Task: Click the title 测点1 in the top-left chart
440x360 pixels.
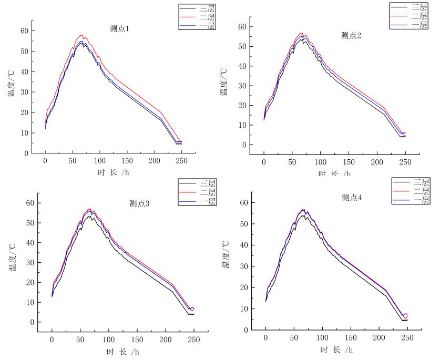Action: [x=119, y=29]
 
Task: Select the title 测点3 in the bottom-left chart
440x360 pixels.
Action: [x=139, y=204]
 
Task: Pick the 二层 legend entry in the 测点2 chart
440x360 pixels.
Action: [x=419, y=16]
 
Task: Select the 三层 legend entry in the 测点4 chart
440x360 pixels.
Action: [x=421, y=182]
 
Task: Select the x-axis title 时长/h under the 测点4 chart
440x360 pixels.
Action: [x=335, y=349]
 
